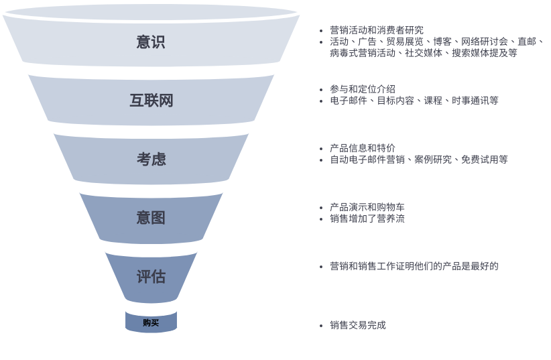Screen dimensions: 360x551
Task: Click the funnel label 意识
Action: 151,42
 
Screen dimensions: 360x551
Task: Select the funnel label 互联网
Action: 151,101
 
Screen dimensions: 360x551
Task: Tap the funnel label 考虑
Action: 151,159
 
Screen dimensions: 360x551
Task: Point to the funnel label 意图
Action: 151,217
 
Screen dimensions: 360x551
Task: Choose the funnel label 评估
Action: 151,276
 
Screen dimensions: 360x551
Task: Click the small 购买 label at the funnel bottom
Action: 151,322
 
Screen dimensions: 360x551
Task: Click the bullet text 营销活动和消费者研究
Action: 377,30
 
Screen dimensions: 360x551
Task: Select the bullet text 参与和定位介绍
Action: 363,89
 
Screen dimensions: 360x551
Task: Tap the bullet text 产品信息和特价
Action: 363,148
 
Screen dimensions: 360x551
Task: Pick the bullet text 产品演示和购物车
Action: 367,207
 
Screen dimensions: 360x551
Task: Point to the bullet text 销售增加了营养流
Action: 367,219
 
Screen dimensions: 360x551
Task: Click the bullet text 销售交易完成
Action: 358,325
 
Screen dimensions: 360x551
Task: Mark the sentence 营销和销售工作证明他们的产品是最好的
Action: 414,266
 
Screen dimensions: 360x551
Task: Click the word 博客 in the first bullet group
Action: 442,42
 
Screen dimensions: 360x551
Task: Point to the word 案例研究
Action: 433,160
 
